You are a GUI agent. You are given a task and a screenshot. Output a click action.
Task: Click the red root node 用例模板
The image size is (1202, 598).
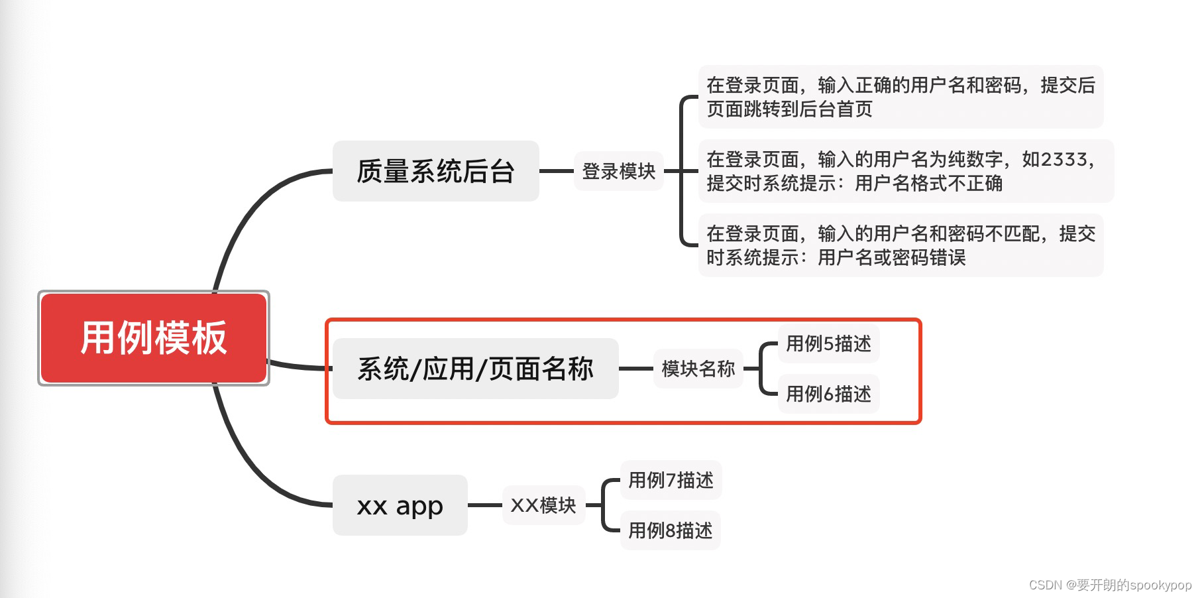154,338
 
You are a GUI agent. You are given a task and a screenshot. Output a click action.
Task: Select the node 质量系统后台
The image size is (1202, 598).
435,171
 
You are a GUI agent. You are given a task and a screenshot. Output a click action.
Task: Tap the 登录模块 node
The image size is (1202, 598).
618,171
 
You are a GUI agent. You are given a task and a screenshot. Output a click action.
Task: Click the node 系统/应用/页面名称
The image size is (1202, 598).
475,369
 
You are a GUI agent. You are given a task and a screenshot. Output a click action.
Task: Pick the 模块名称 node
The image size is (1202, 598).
698,369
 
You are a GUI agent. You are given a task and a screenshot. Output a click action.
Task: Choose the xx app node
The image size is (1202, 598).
400,505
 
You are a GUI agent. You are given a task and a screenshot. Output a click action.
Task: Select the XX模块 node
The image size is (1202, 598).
543,505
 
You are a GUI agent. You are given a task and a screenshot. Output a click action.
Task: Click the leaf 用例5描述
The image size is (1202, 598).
828,343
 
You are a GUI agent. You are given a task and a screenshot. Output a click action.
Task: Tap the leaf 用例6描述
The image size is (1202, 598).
828,394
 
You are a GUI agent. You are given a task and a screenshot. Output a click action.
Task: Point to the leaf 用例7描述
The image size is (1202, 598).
671,480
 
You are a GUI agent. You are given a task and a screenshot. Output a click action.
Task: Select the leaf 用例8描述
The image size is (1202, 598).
671,530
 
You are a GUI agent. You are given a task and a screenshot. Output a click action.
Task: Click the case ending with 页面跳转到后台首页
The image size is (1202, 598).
901,97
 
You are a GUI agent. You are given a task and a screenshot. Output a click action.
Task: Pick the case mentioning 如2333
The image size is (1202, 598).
905,171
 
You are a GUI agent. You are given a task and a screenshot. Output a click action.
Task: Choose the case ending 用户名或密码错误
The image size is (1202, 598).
901,245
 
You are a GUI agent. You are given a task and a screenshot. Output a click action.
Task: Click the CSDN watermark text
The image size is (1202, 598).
1110,585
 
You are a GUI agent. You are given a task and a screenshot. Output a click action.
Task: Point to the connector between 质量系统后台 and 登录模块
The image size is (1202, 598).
557,171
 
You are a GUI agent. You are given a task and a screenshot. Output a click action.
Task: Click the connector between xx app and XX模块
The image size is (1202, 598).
485,505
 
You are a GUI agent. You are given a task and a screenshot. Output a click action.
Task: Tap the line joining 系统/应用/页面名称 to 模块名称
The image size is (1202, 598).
636,369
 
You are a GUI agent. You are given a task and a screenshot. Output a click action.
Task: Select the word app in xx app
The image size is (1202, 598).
419,507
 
